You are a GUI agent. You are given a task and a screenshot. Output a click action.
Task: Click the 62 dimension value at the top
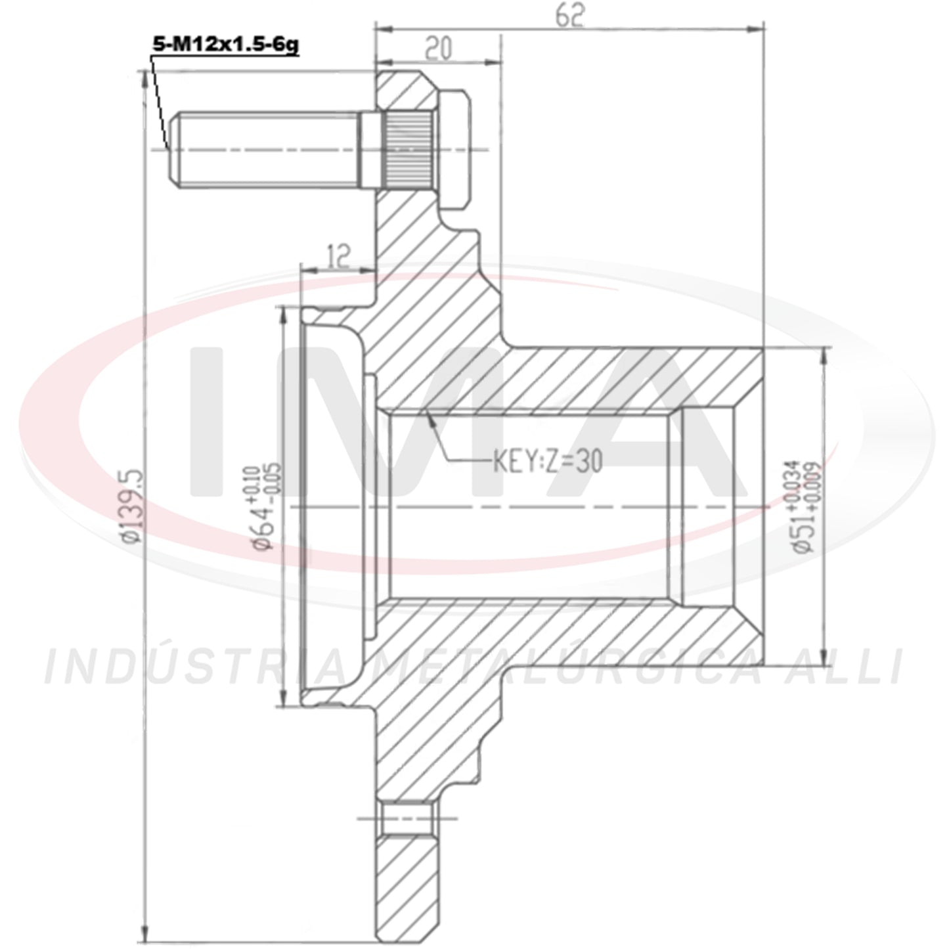(x=570, y=16)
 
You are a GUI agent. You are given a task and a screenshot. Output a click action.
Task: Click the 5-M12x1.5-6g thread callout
(x=225, y=46)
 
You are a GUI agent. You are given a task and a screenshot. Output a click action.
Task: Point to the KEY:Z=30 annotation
(x=548, y=462)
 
